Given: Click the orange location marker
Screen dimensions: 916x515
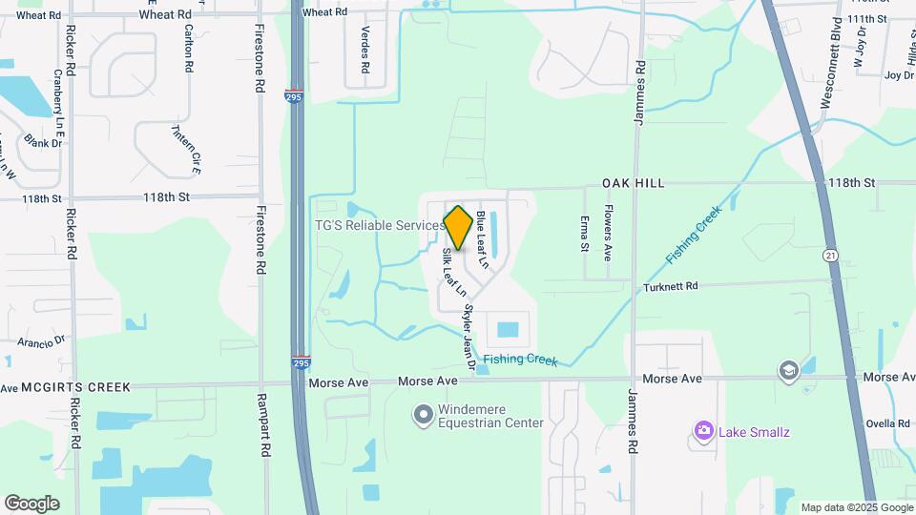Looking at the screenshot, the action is point(458,228).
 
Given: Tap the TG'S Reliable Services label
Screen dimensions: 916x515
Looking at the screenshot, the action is point(379,226).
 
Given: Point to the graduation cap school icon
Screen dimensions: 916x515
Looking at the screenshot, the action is point(788,370).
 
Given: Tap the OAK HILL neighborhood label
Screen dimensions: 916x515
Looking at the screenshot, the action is point(633,182).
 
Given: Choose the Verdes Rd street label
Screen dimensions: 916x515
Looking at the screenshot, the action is point(364,51).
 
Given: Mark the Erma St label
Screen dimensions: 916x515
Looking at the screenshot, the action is point(585,234).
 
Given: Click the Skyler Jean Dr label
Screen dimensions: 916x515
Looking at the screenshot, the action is point(468,337).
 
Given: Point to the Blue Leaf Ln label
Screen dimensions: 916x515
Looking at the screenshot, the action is point(483,239).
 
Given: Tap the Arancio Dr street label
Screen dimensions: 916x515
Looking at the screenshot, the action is point(39,340).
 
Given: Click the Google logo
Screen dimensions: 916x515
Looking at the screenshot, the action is point(31,504).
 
